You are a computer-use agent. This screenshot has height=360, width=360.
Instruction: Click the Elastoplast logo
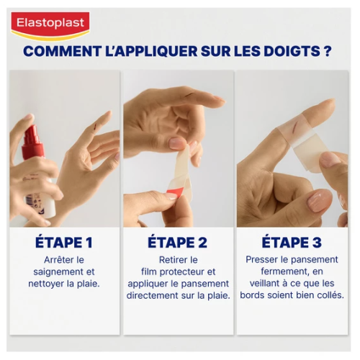(50, 25)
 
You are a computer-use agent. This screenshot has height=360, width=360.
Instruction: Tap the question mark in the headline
(328, 51)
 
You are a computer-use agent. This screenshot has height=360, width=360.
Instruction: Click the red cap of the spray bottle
(32, 142)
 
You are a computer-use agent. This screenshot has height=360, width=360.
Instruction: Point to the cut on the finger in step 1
(96, 125)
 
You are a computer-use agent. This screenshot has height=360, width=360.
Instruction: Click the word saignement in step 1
(57, 272)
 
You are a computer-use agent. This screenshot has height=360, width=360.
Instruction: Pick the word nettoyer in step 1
(46, 284)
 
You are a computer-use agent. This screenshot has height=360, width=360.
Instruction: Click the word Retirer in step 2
(171, 260)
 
